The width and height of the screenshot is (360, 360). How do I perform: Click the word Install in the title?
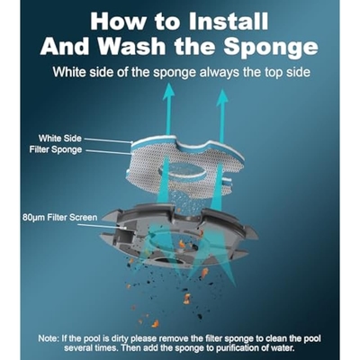[229, 21]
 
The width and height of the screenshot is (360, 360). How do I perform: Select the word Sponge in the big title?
[271, 48]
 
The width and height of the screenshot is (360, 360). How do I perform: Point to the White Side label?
[59, 139]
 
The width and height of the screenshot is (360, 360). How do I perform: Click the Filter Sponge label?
[56, 149]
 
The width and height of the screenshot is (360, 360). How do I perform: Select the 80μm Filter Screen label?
[60, 218]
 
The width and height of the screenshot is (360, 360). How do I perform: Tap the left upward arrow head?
[168, 91]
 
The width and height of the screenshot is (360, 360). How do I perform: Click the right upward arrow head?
[222, 98]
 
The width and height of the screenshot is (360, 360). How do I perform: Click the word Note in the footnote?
[48, 338]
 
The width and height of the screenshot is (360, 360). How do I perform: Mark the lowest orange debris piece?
[156, 323]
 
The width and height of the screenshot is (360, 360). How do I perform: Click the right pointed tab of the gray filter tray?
[251, 232]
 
